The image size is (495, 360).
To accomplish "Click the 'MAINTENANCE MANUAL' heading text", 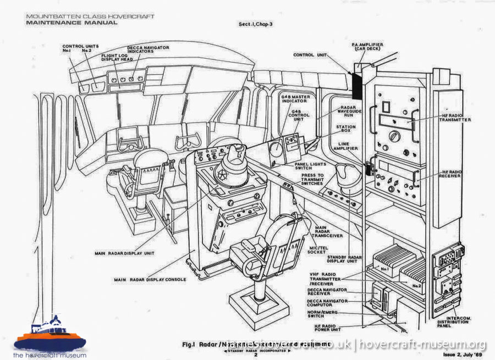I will point(71,23).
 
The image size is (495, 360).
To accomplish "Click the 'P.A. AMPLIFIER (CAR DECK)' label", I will point(367,47).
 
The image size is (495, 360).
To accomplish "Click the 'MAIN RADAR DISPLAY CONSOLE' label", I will point(150,280).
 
